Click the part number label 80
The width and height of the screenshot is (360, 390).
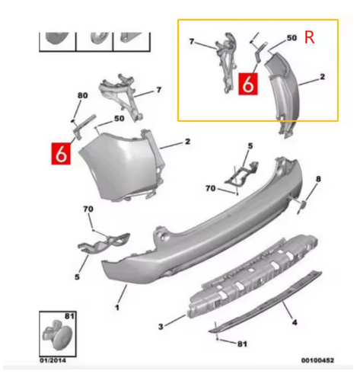pyautogui.click(x=83, y=95)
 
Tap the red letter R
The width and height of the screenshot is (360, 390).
pyautogui.click(x=310, y=37)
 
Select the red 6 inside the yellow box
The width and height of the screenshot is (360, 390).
pyautogui.click(x=248, y=84)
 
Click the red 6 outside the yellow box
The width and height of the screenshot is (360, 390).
pyautogui.click(x=61, y=154)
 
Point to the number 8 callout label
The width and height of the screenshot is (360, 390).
pyautogui.click(x=318, y=179)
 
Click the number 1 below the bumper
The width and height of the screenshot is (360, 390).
pyautogui.click(x=117, y=308)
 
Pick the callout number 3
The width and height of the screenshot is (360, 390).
pyautogui.click(x=161, y=327)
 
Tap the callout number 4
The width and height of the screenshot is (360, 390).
pyautogui.click(x=295, y=322)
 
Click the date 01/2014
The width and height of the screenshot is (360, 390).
pyautogui.click(x=53, y=360)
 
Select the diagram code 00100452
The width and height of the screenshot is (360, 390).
pyautogui.click(x=317, y=360)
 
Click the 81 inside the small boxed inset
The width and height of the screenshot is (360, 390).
pyautogui.click(x=69, y=316)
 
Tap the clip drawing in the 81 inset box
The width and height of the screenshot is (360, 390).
pyautogui.click(x=57, y=334)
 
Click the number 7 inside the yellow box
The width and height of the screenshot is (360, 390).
pyautogui.click(x=192, y=41)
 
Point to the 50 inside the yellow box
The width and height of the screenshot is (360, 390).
pyautogui.click(x=292, y=38)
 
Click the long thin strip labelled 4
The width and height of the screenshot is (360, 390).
pyautogui.click(x=265, y=302)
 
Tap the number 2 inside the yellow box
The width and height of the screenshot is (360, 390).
pyautogui.click(x=322, y=76)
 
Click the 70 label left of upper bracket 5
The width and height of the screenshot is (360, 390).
pyautogui.click(x=210, y=188)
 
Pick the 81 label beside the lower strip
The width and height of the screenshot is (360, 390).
pyautogui.click(x=242, y=344)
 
